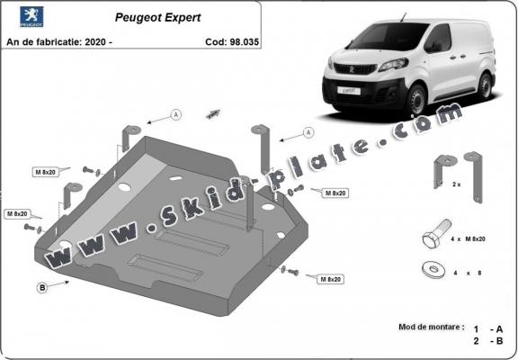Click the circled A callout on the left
176,114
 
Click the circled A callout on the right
308,131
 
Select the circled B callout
42,288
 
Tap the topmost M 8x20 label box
47,171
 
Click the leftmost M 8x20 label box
18,214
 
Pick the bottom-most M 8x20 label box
330,280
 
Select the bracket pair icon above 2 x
455,167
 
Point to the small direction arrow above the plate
213,112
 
